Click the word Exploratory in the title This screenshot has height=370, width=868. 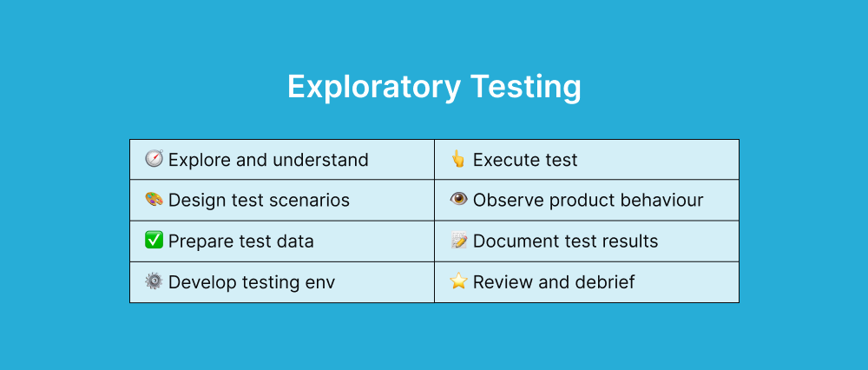click(373, 89)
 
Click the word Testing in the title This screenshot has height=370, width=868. click(525, 89)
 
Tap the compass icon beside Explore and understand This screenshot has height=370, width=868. click(154, 160)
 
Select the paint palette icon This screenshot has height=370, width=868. click(154, 200)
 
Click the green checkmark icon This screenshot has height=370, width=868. click(154, 241)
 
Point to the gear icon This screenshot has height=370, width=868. click(154, 281)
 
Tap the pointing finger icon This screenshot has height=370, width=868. click(458, 160)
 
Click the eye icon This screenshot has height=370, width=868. click(458, 200)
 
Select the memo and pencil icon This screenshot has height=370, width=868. click(458, 241)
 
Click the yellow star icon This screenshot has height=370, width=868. click(458, 281)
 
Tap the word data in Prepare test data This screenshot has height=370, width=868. click(294, 241)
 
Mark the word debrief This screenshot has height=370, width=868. click(604, 282)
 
